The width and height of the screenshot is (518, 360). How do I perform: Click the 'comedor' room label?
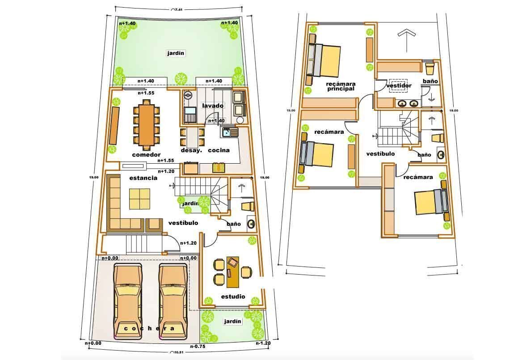pyautogui.click(x=146, y=155)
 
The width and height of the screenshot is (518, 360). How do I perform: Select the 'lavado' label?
pyautogui.click(x=213, y=106)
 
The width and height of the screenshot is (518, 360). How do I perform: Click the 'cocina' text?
pyautogui.click(x=219, y=150)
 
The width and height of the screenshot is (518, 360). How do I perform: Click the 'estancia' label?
pyautogui.click(x=143, y=178)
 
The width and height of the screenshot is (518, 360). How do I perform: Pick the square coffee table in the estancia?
pyautogui.click(x=139, y=199)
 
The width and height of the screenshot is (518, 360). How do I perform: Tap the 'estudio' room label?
pyautogui.click(x=233, y=296)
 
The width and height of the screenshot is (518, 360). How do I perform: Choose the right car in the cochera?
pyautogui.click(x=173, y=301)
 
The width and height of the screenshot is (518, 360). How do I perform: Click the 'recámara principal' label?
pyautogui.click(x=341, y=86)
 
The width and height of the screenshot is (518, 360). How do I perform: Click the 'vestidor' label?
pyautogui.click(x=399, y=85)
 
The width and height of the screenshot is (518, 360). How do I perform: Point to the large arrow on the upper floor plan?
pyautogui.click(x=406, y=40)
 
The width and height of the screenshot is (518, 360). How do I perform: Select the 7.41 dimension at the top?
pyautogui.click(x=178, y=9)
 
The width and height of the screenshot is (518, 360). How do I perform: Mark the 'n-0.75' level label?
pyautogui.click(x=198, y=347)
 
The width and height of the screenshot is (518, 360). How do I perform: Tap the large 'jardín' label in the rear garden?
pyautogui.click(x=175, y=53)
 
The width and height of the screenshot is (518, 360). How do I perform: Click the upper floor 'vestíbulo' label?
pyautogui.click(x=381, y=154)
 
